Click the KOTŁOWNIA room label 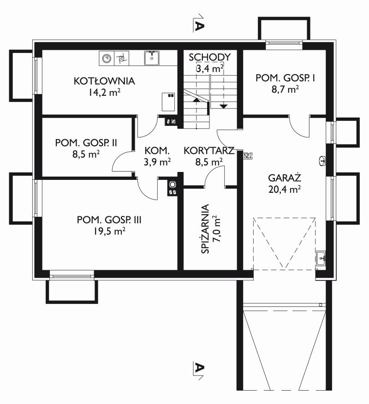104,81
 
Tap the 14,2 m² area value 104,92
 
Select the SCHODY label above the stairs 210,57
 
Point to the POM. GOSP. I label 285,78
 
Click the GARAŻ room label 285,178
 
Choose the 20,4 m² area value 285,190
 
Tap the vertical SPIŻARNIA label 205,229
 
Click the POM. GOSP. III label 109,220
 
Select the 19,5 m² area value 109,231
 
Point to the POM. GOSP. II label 86,143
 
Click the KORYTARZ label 209,151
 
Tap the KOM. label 157,151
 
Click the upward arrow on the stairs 196,100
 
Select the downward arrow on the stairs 224,106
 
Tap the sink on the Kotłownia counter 152,58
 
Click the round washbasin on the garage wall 321,160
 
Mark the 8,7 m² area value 285,89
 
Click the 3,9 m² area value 157,162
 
